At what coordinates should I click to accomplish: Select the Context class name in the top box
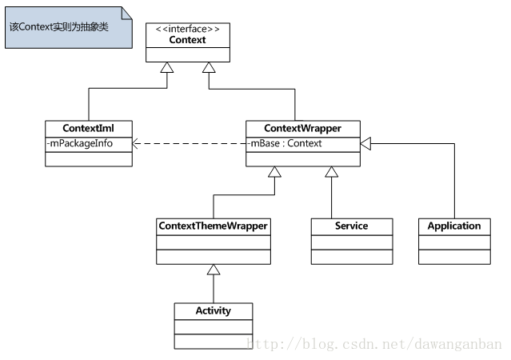[187, 39]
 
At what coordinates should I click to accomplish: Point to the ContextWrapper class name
[301, 128]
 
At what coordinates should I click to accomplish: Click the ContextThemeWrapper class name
[213, 226]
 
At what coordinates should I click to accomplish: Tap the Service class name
[351, 226]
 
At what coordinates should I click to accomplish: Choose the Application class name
[454, 226]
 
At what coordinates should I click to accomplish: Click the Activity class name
[213, 310]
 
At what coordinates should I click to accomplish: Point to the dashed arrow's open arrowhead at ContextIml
[136, 144]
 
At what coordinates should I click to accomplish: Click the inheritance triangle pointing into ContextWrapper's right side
[366, 143]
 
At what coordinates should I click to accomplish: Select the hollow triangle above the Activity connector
[213, 270]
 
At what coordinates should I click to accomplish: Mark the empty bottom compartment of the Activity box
[213, 341]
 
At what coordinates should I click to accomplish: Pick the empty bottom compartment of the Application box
[454, 257]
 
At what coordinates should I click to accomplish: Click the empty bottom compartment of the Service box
[351, 257]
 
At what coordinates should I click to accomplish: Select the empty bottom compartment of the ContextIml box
[88, 158]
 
